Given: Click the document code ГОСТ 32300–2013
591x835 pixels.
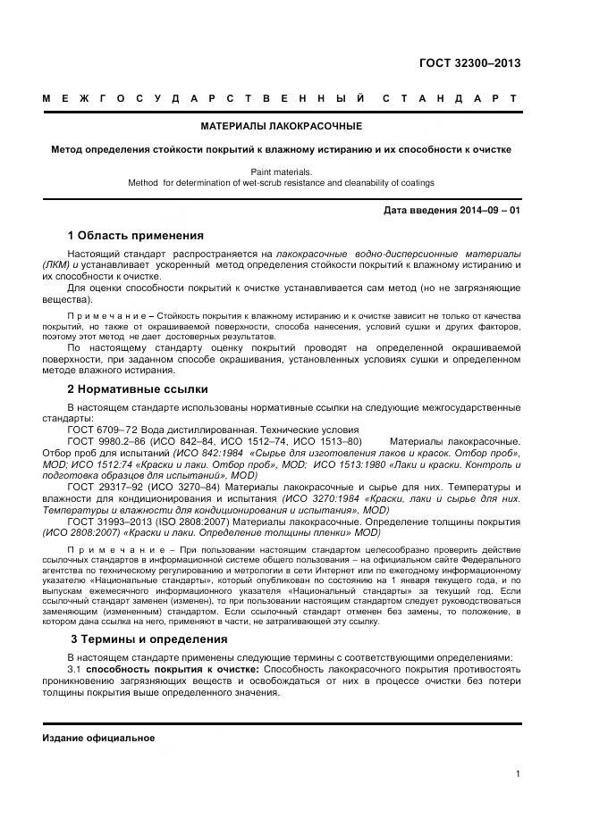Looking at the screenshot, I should point(469,63).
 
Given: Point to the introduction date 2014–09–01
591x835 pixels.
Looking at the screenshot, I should point(452,211).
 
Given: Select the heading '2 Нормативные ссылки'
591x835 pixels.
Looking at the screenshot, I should point(138,388).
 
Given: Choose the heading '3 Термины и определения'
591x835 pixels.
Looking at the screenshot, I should point(148,639).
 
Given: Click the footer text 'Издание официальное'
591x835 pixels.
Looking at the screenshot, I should point(98,739).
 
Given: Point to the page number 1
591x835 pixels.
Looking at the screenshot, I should point(518,774).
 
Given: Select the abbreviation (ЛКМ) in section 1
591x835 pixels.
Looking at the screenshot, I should point(55,265).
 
